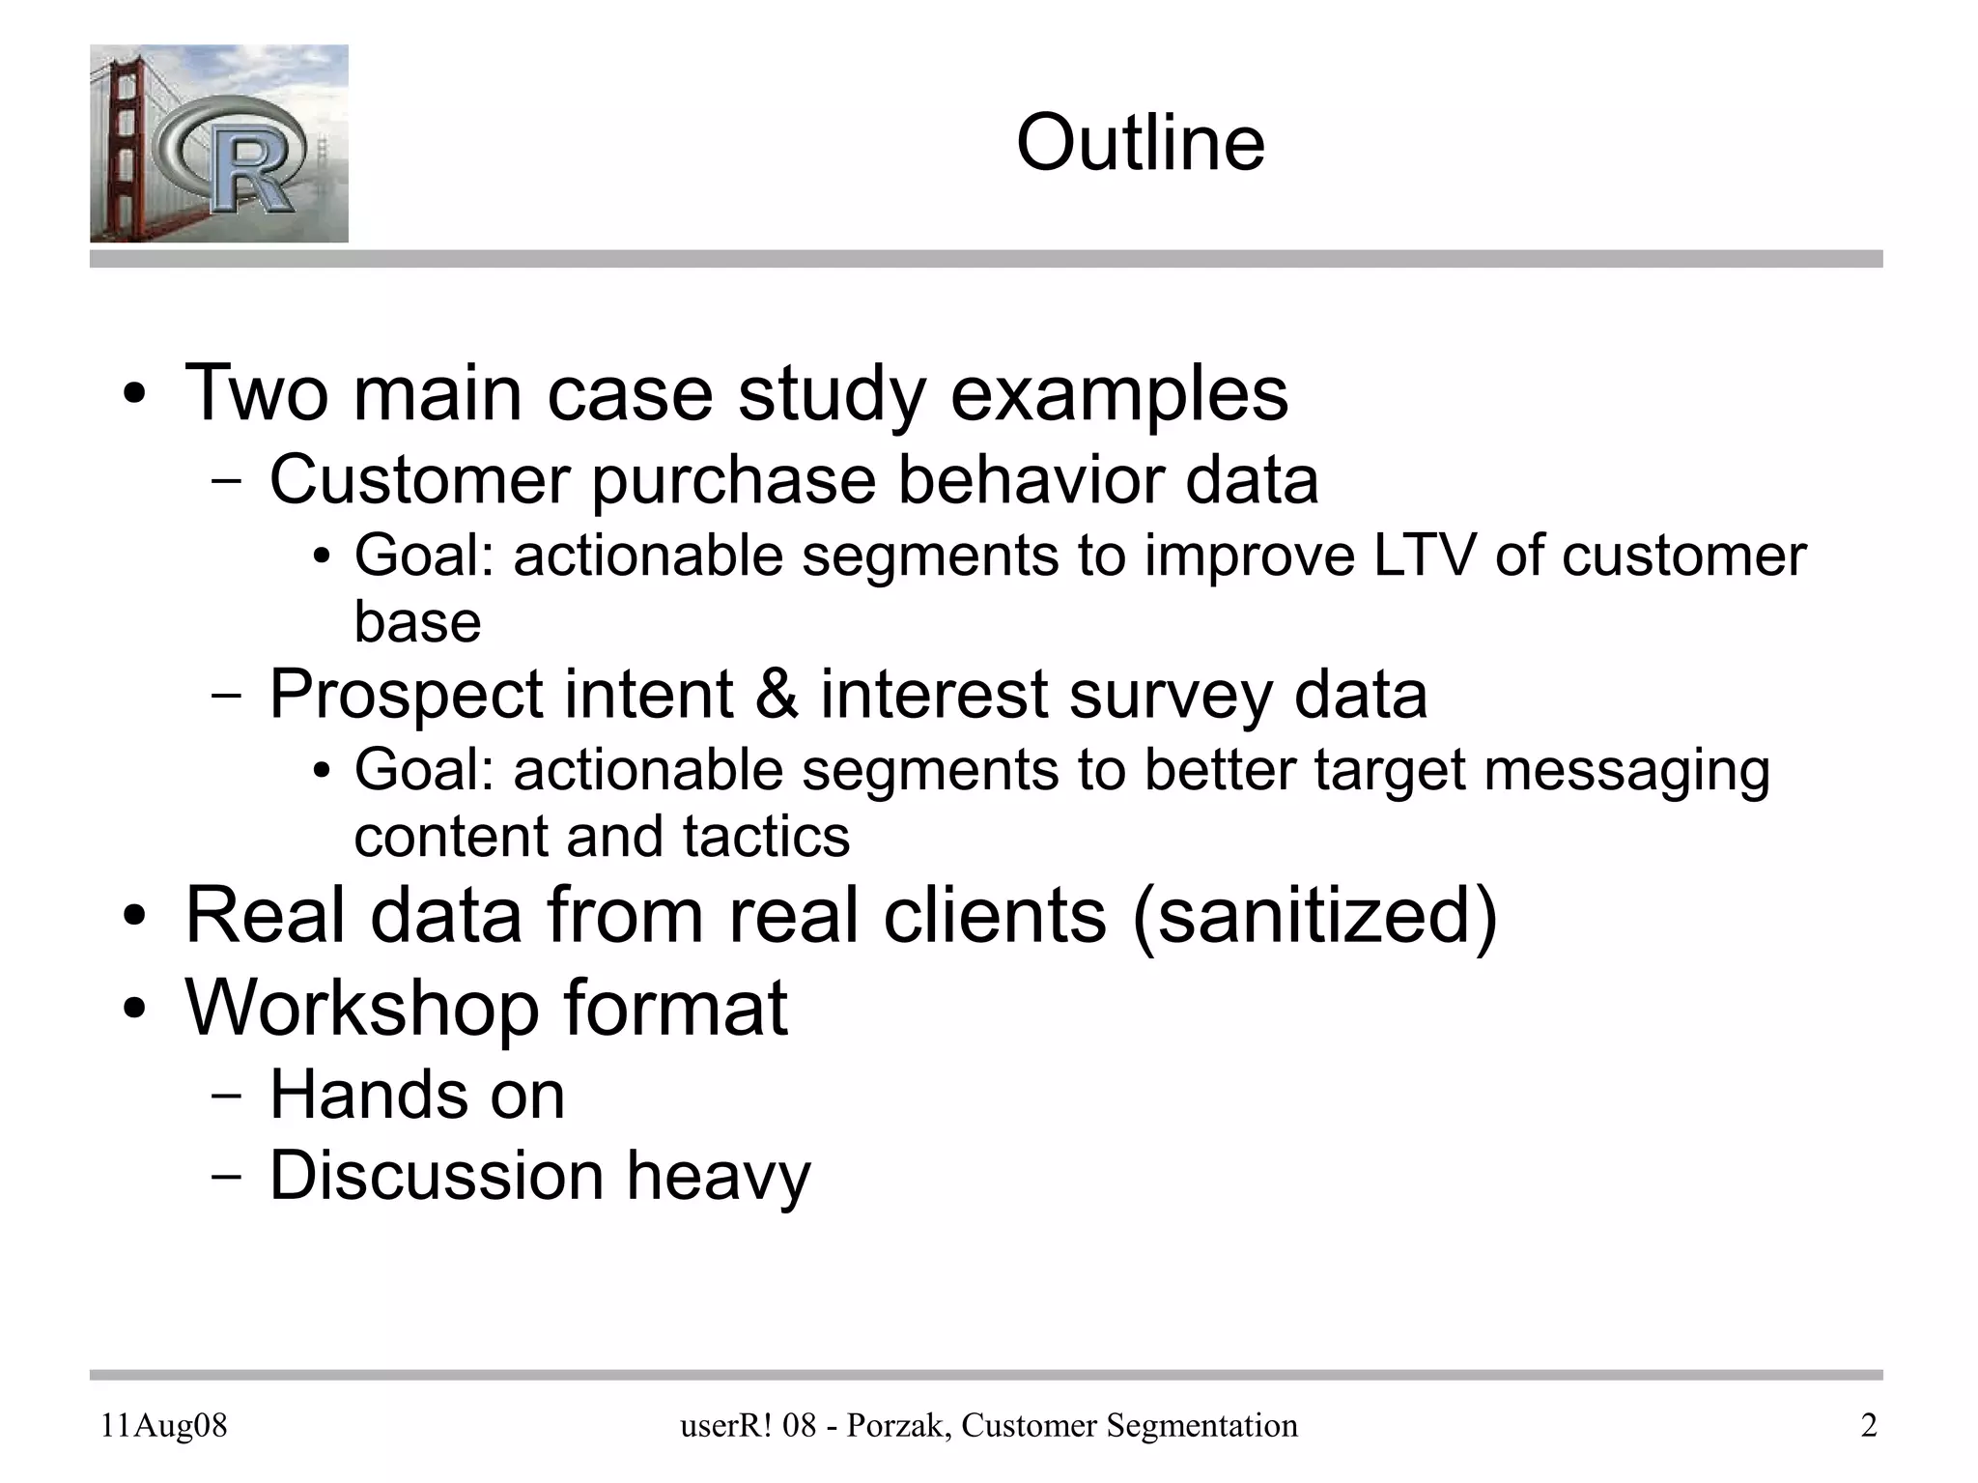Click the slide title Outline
point(1140,143)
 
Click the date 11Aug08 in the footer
point(164,1426)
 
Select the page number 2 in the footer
point(1868,1426)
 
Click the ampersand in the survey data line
point(777,695)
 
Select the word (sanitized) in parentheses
point(1314,915)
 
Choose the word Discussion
point(438,1176)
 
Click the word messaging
point(1626,771)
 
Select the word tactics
point(766,837)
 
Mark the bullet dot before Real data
point(134,917)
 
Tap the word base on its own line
point(417,622)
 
